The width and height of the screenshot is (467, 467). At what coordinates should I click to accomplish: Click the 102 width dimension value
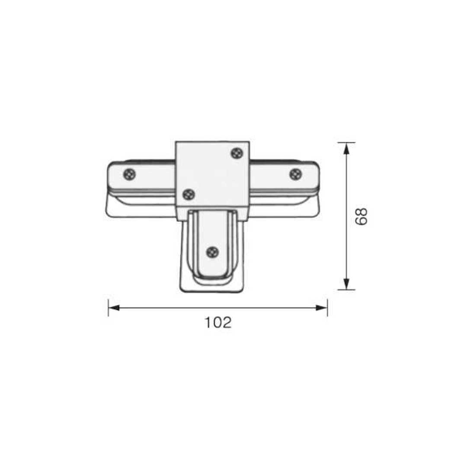(x=218, y=323)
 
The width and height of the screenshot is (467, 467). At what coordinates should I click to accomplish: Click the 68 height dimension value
(x=361, y=217)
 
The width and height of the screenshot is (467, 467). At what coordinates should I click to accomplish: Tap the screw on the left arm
(x=130, y=174)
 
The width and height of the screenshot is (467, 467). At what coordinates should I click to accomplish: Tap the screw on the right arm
(x=296, y=174)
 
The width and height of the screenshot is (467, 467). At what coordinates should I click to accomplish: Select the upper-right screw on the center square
(x=237, y=153)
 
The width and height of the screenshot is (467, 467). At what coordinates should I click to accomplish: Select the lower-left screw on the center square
(x=189, y=195)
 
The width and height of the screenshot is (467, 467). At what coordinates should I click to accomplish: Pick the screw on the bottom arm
(x=212, y=253)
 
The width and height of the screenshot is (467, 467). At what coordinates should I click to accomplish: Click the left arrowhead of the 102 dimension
(x=114, y=308)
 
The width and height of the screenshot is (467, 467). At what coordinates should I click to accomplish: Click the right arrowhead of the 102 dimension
(x=322, y=308)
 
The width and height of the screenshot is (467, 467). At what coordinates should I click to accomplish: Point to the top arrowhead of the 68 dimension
(x=346, y=148)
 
